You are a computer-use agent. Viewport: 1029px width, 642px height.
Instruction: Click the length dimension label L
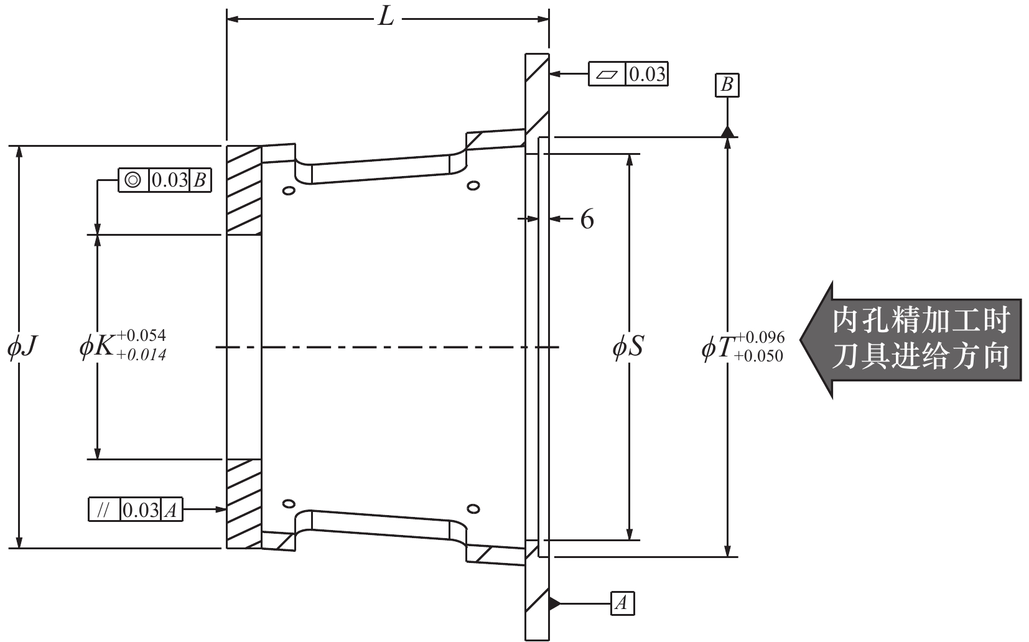click(386, 19)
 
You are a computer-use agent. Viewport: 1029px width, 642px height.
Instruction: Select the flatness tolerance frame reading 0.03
click(628, 74)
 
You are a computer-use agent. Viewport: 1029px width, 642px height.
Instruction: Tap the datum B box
click(727, 85)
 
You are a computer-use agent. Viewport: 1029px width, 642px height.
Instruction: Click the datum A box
click(622, 603)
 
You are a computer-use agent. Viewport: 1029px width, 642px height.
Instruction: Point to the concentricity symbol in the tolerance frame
click(133, 180)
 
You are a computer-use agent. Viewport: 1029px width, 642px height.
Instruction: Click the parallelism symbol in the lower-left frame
click(103, 509)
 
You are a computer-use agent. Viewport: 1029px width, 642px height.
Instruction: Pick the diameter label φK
click(96, 347)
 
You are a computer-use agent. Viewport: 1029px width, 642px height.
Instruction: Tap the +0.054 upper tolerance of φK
click(141, 336)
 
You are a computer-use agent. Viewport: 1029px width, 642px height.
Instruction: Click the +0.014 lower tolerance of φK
click(141, 355)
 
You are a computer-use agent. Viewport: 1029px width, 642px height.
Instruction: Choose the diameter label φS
click(628, 347)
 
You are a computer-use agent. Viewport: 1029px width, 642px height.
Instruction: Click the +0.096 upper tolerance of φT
click(760, 338)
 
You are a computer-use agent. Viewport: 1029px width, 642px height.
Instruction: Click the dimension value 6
click(587, 219)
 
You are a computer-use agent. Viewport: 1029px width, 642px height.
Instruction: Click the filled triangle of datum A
click(554, 603)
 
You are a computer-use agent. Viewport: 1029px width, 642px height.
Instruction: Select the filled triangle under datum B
click(727, 132)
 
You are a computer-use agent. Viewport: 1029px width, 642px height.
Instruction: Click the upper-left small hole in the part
click(289, 190)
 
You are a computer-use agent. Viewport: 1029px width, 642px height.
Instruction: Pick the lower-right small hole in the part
click(473, 509)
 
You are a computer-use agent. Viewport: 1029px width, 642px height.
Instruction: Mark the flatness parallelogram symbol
click(607, 75)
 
